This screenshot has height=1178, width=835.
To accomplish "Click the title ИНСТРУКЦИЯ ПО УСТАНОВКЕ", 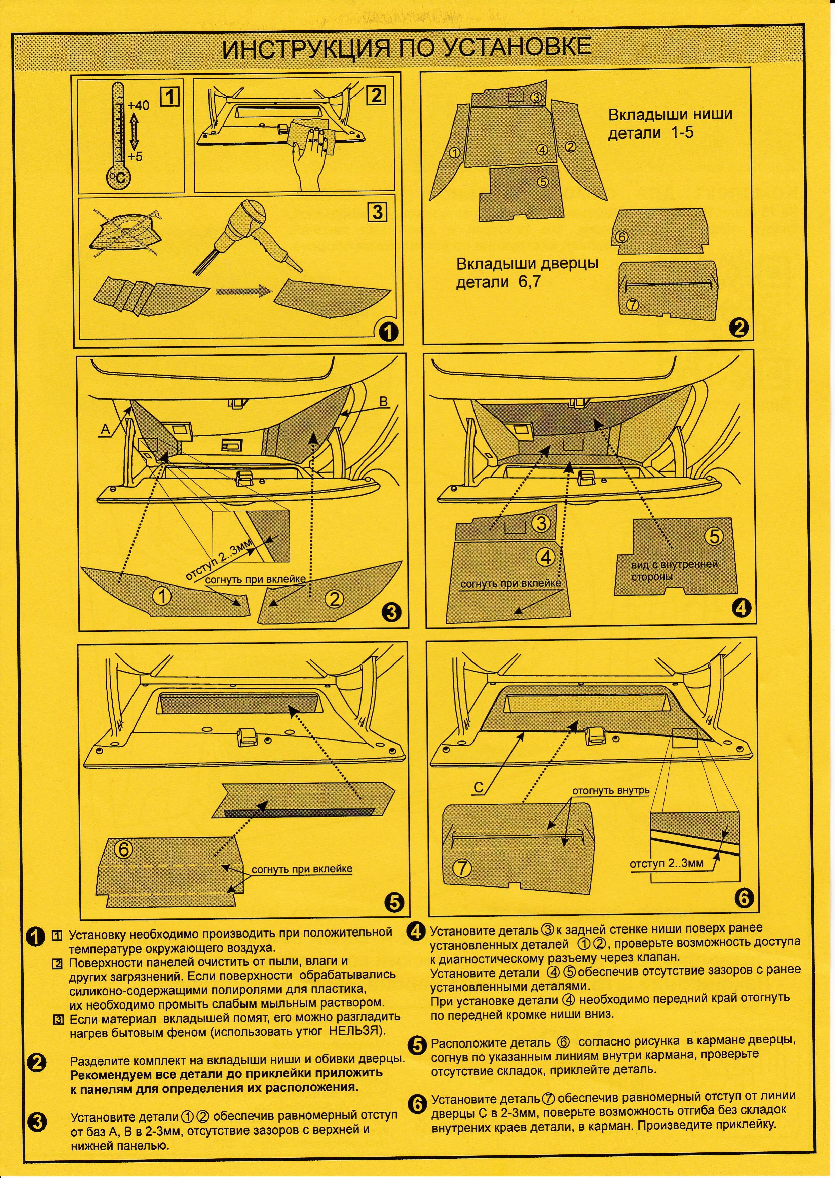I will [406, 48].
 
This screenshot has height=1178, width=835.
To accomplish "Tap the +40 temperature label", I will [138, 105].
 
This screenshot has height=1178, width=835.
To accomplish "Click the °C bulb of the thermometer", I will [119, 178].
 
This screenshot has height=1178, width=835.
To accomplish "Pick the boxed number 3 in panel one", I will [377, 211].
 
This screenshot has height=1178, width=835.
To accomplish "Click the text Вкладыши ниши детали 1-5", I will [670, 123].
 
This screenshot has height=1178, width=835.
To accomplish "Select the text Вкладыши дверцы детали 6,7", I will [527, 272].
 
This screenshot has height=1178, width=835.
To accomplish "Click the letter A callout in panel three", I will [105, 429].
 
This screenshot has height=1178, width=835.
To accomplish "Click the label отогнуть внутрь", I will [611, 790].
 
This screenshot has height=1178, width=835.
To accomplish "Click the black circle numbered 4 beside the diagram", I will [741, 608].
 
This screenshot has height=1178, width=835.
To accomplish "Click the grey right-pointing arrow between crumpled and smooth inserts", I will [243, 291].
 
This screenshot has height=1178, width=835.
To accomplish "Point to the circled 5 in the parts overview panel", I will [543, 181].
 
